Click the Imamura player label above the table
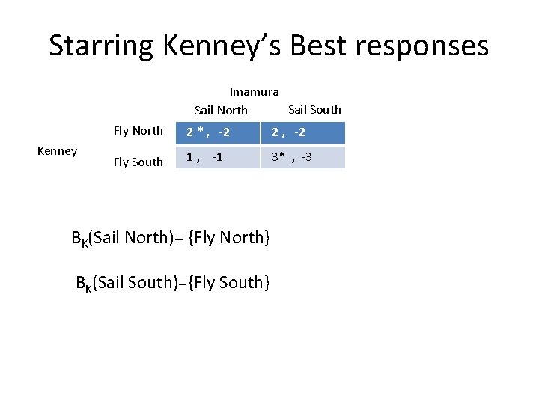[x=254, y=92]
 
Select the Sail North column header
[x=221, y=110]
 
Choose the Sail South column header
[x=314, y=109]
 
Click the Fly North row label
[x=138, y=131]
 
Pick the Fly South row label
[x=138, y=162]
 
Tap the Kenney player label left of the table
[x=57, y=151]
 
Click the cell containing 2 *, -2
[x=218, y=132]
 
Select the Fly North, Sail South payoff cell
[x=302, y=132]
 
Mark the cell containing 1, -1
[x=218, y=157]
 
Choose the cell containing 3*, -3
[x=302, y=157]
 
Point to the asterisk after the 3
[x=282, y=156]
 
